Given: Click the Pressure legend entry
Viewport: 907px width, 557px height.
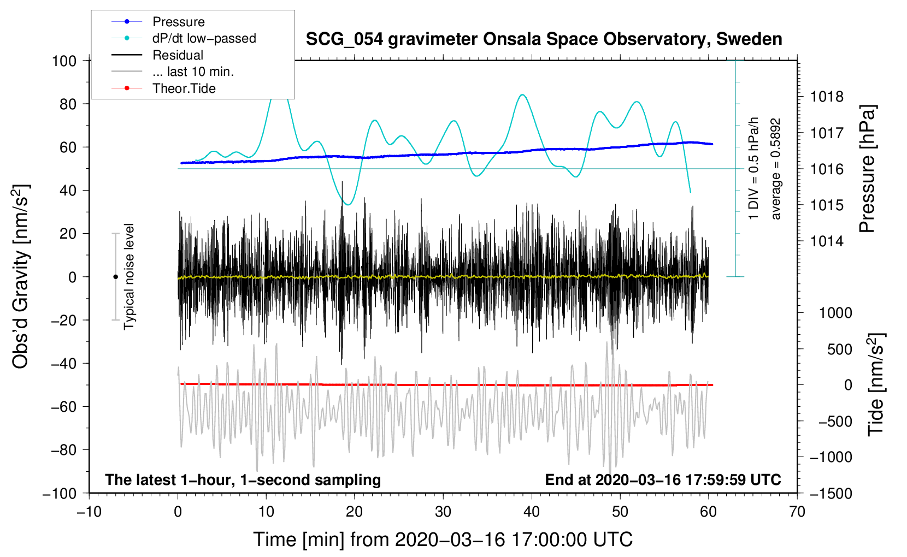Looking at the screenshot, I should tap(178, 22).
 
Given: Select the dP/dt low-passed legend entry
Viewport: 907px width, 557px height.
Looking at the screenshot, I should tap(204, 38).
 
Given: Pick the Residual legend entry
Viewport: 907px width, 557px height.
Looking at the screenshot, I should tap(178, 55).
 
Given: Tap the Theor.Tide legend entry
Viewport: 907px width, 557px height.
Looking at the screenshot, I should tap(184, 88).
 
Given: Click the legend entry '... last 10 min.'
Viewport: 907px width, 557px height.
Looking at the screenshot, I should tap(193, 72).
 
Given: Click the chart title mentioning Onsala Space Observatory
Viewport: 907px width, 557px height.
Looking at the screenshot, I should tap(544, 39).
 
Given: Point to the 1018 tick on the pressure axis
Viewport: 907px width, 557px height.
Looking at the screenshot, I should tap(827, 97).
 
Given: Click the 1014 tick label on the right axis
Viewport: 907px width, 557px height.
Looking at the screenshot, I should tap(827, 241).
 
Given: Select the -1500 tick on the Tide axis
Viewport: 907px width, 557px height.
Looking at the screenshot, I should tap(831, 493).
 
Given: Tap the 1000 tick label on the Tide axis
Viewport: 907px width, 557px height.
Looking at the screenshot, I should tap(835, 313).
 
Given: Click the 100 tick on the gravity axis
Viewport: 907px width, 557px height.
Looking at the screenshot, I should tap(64, 61).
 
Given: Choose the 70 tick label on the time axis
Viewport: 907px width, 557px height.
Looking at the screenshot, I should tap(797, 512).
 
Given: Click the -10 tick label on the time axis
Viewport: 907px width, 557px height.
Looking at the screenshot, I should tap(89, 512).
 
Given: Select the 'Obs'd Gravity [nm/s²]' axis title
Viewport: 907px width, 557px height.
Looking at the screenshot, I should tap(21, 277).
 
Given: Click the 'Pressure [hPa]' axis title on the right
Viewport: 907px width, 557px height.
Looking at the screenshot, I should tap(867, 169).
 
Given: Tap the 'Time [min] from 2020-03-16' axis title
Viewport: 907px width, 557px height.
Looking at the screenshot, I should tap(443, 540).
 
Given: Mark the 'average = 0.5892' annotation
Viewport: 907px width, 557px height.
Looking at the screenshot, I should tap(776, 169).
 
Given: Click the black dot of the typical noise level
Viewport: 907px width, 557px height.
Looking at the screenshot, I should tap(115, 277).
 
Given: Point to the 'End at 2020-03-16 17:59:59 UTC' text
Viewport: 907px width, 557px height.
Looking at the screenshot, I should tap(663, 479).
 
